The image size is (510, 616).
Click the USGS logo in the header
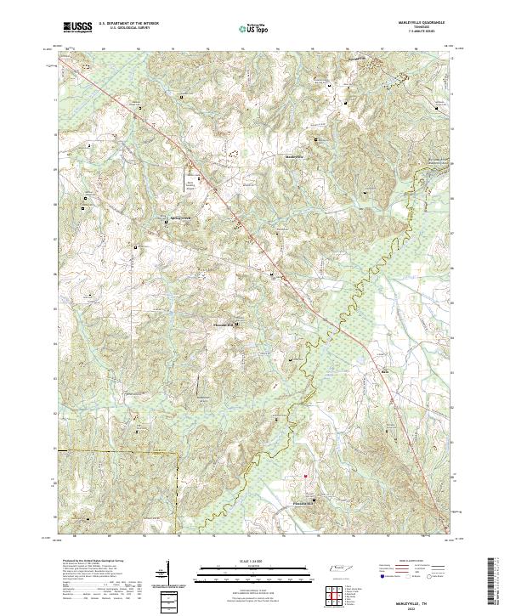(x=77, y=27)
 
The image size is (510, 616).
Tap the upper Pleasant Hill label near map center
(x=222, y=324)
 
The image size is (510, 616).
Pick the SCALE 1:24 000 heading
(x=247, y=562)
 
